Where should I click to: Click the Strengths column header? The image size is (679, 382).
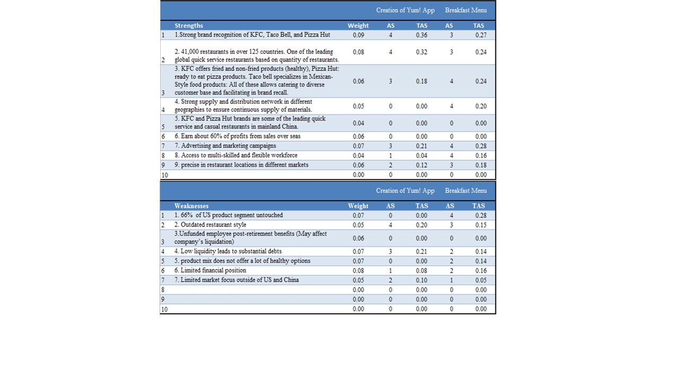click(x=189, y=25)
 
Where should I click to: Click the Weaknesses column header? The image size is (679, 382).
click(x=191, y=206)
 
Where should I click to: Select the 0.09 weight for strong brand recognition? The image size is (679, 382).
click(x=358, y=35)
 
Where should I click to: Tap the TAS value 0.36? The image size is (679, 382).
click(x=422, y=35)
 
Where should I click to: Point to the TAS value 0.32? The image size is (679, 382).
click(x=422, y=52)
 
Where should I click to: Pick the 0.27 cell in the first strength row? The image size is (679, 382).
click(x=481, y=35)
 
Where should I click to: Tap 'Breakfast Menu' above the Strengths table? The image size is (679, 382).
click(x=466, y=10)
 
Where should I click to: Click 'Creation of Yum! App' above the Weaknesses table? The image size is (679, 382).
click(x=405, y=190)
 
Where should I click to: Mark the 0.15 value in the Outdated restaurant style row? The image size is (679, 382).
click(x=481, y=225)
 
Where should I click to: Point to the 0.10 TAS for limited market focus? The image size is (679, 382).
click(x=422, y=280)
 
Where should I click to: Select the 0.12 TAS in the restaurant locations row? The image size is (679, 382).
click(x=422, y=165)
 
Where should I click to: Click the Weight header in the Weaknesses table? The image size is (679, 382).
click(x=358, y=206)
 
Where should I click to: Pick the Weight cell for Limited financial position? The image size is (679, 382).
click(x=358, y=271)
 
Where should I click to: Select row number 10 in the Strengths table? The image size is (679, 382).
click(x=164, y=175)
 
